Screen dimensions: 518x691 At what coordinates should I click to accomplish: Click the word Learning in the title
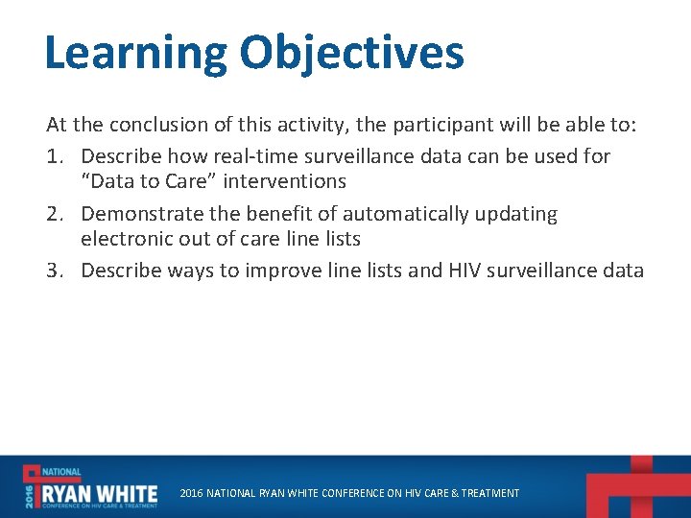click(135, 54)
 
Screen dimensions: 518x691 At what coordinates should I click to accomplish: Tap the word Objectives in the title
click(352, 54)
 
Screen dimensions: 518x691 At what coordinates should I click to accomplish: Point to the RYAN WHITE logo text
click(98, 488)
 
